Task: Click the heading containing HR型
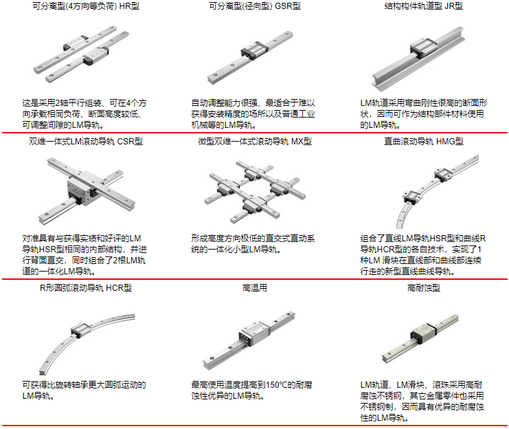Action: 86,6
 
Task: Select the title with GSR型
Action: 254,6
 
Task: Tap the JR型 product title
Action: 423,6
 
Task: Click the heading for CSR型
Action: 86,142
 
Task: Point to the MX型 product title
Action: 254,142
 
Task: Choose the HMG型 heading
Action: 423,142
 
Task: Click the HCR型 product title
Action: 86,288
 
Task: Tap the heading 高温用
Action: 254,288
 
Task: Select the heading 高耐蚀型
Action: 423,288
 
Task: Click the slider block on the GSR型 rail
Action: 254,50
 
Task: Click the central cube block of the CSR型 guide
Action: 82,188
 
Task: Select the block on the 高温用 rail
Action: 254,335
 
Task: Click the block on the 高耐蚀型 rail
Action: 424,333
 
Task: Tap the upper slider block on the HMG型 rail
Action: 442,175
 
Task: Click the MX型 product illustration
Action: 255,192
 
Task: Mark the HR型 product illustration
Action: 81,54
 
